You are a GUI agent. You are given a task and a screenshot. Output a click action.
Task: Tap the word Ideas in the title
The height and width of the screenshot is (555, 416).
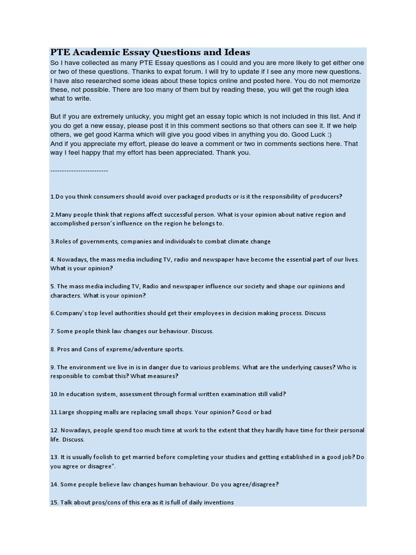[x=236, y=53]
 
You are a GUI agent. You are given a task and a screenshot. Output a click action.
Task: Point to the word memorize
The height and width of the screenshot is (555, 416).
[x=343, y=81]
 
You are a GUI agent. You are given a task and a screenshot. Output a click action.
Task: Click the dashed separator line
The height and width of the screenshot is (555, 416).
[x=79, y=171]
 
